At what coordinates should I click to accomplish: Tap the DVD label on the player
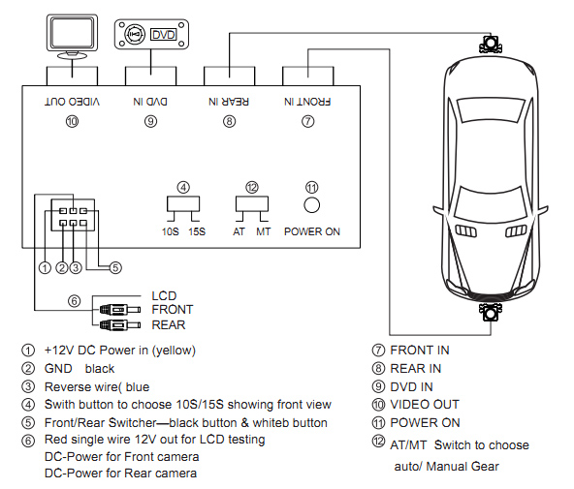[x=163, y=35]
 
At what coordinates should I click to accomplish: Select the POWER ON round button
[x=312, y=205]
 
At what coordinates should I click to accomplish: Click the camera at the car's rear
[x=491, y=45]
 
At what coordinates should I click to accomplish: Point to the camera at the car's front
[x=491, y=312]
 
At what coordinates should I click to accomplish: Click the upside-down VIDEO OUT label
[x=72, y=102]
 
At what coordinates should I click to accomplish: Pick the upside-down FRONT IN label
[x=307, y=102]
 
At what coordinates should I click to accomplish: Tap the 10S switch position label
[x=171, y=231]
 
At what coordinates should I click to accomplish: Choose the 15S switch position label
[x=197, y=231]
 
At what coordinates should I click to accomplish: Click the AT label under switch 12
[x=239, y=231]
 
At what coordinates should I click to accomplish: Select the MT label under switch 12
[x=263, y=231]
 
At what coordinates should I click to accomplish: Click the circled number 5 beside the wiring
[x=115, y=268]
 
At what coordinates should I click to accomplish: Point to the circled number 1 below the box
[x=45, y=268]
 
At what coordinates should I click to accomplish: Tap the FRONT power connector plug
[x=120, y=310]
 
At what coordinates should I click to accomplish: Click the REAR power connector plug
[x=120, y=324]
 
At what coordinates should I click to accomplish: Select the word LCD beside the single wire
[x=164, y=295]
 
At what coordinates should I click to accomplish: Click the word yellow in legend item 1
[x=174, y=351]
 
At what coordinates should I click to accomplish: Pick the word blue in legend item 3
[x=138, y=386]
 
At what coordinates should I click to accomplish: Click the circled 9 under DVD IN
[x=151, y=121]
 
